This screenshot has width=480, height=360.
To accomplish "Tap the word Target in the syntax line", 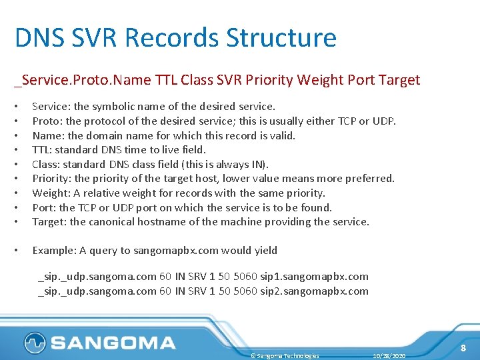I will coord(399,81).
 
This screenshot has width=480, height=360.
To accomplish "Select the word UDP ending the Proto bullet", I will coord(384,121).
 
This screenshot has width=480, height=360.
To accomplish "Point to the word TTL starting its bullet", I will coord(41,150).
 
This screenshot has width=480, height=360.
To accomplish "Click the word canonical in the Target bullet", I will coord(115,222).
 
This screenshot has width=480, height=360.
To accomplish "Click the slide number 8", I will coord(462,349).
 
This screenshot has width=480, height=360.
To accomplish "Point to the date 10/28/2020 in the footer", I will coord(389,356).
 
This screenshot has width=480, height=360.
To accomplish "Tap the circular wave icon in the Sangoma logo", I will coord(34,343).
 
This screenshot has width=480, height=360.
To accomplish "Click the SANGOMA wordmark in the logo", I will coord(113,343).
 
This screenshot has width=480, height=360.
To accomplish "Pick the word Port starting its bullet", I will coord(43,207).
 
